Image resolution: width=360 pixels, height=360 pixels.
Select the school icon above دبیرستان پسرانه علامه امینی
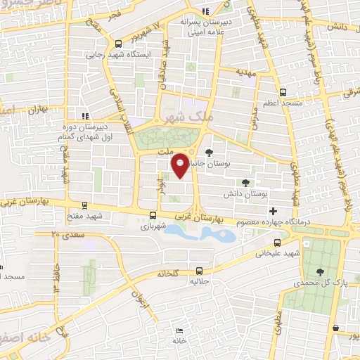click(x=205, y=11)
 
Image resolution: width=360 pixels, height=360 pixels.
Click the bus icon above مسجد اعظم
click(x=283, y=91)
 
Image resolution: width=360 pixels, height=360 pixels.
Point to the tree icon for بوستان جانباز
click(x=209, y=152)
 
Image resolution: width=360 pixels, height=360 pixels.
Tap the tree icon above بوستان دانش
click(x=245, y=183)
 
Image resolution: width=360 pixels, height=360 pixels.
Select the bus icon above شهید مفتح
click(x=85, y=206)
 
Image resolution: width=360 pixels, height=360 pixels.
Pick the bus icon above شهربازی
click(x=153, y=216)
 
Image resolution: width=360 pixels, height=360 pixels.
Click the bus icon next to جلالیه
click(x=200, y=270)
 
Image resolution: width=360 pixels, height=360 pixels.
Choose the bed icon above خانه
click(x=179, y=330)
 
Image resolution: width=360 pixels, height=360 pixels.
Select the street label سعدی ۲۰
click(x=67, y=234)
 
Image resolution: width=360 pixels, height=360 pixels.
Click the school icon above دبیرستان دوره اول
click(x=84, y=115)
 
